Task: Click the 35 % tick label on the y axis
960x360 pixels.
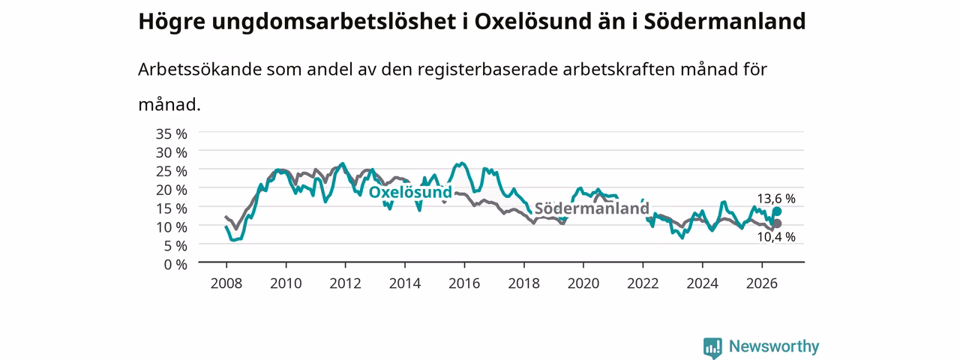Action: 172,134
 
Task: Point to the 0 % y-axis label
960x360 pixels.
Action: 175,265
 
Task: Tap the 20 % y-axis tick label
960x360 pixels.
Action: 172,190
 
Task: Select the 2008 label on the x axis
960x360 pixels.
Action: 226,283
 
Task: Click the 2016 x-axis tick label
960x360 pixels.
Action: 464,283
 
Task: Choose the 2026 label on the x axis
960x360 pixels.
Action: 762,283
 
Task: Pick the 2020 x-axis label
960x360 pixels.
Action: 583,283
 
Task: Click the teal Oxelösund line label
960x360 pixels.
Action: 410,192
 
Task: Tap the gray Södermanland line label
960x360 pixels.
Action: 592,208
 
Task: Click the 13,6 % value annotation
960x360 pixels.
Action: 776,199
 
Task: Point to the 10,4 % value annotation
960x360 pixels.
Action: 776,237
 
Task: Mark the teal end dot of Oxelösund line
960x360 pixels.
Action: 777,211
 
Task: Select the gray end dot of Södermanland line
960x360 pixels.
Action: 777,223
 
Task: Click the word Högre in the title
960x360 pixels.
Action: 172,22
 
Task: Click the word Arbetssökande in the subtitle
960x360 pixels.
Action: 199,70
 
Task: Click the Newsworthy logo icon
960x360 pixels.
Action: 712,347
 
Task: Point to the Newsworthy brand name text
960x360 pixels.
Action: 774,346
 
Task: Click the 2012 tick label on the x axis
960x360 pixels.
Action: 346,283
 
